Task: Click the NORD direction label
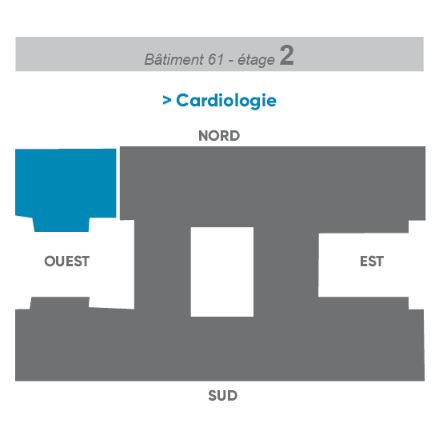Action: click(219, 136)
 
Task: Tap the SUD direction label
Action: click(222, 396)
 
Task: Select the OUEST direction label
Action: click(67, 261)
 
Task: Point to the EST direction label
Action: click(372, 261)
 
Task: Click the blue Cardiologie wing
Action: click(66, 185)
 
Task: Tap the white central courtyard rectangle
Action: click(222, 272)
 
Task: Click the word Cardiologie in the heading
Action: click(226, 101)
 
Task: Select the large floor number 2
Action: click(287, 55)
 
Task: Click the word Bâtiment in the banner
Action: click(174, 59)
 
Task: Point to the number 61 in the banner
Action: click(216, 59)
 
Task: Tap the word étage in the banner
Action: click(256, 60)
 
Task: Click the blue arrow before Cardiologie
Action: click(167, 100)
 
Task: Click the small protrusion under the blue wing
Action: click(62, 225)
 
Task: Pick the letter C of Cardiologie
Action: click(183, 100)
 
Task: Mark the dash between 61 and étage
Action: click(231, 61)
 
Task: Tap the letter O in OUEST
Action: click(50, 261)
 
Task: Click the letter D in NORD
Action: click(234, 136)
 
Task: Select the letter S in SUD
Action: click(213, 396)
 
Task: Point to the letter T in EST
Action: click(380, 261)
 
